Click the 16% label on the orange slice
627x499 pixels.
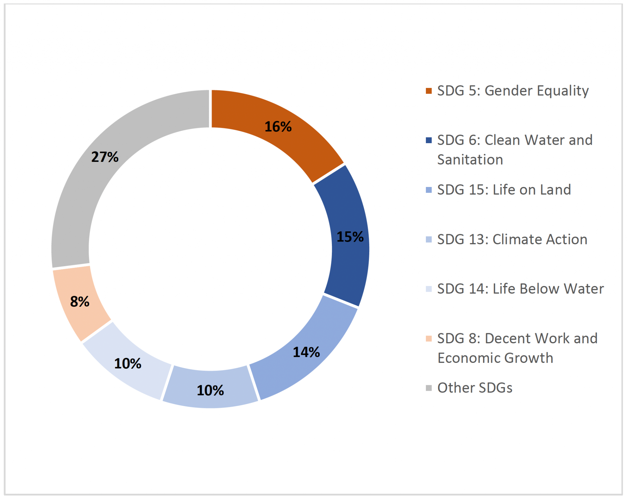pos(278,127)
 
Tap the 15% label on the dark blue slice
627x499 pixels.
pos(350,237)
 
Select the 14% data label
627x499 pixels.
pos(306,352)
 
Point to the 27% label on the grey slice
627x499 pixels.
pos(105,157)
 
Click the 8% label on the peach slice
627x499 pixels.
pos(80,301)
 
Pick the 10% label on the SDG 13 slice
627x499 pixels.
pos(210,390)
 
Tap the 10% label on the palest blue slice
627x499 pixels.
pos(128,364)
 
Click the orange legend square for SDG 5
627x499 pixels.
pos(429,91)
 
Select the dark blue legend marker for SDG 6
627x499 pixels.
pos(429,140)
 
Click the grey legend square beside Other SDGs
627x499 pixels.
pos(429,388)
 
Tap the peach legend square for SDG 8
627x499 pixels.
pos(429,338)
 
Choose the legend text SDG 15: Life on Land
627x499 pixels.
pos(504,190)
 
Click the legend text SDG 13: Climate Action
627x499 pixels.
pos(512,239)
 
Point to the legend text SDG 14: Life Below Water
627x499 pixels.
pos(520,289)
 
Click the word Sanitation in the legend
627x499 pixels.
pos(470,160)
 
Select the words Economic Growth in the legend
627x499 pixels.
pos(495,358)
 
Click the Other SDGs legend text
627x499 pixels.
pos(475,388)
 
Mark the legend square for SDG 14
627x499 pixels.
pos(429,289)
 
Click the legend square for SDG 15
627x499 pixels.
pos(429,190)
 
